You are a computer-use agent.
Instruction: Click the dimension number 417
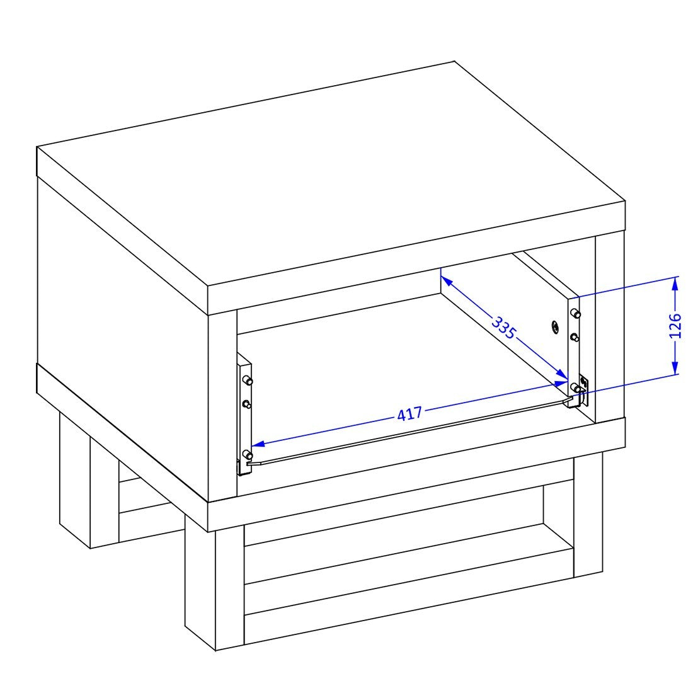click(409, 414)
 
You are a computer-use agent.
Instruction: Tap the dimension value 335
click(504, 328)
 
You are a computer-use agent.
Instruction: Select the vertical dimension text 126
click(675, 325)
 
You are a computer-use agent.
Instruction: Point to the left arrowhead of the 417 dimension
click(258, 444)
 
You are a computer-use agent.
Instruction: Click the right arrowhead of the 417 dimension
click(561, 383)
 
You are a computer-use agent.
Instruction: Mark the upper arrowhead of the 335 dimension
click(445, 280)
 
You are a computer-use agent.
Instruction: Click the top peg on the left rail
click(247, 380)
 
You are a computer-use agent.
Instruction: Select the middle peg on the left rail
click(246, 404)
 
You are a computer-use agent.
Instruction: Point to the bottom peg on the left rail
click(247, 455)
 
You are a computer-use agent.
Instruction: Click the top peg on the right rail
click(575, 313)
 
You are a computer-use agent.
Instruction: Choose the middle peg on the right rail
click(575, 337)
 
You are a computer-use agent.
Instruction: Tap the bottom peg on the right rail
click(575, 388)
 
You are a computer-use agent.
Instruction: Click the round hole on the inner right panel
click(555, 327)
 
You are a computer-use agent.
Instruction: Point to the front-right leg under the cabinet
click(588, 515)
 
